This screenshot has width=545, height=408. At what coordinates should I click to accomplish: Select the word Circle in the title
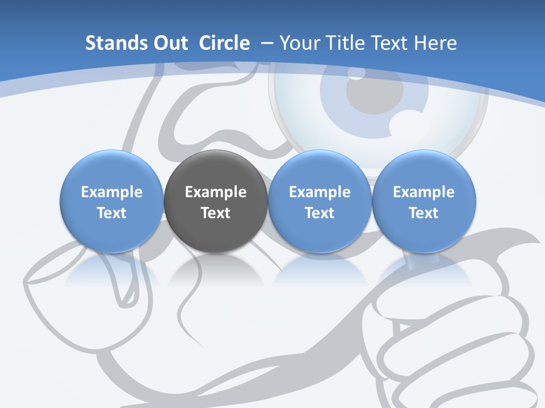(x=224, y=43)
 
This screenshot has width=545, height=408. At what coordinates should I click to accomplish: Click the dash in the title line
(x=266, y=43)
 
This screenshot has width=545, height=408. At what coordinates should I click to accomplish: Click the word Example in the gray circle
(x=216, y=192)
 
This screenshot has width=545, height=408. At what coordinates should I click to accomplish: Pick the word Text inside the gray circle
(x=216, y=213)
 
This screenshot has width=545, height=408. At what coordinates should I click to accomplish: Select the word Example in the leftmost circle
(x=112, y=192)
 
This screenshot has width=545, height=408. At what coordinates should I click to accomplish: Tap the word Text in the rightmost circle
(x=424, y=213)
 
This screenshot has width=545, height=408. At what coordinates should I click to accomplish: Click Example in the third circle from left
(x=320, y=192)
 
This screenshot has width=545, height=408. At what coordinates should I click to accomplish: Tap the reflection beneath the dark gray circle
(x=216, y=269)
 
